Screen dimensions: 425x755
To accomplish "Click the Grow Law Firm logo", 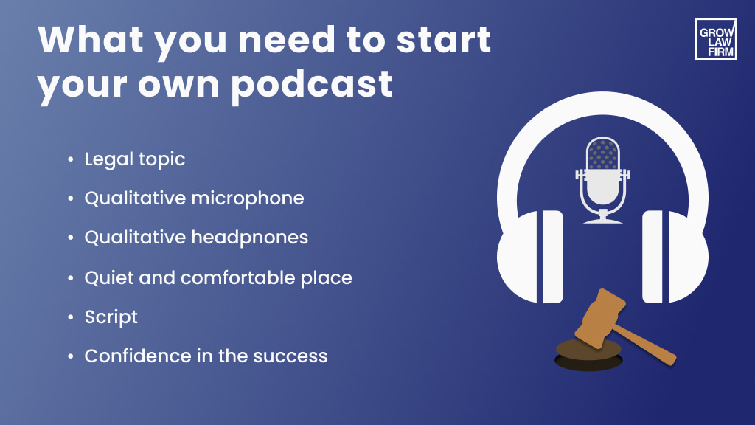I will tap(715, 39).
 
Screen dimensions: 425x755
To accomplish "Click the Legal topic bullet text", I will tap(135, 159).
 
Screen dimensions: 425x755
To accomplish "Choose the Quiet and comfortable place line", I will tap(218, 277).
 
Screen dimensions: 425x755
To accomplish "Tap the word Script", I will tap(111, 317).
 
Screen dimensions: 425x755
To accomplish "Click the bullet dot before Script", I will tap(70, 317).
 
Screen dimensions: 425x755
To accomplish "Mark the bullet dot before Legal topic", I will tap(70, 159).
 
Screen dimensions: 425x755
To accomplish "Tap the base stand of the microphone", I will tap(603, 219).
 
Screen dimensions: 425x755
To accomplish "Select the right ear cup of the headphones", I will tap(675, 256).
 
